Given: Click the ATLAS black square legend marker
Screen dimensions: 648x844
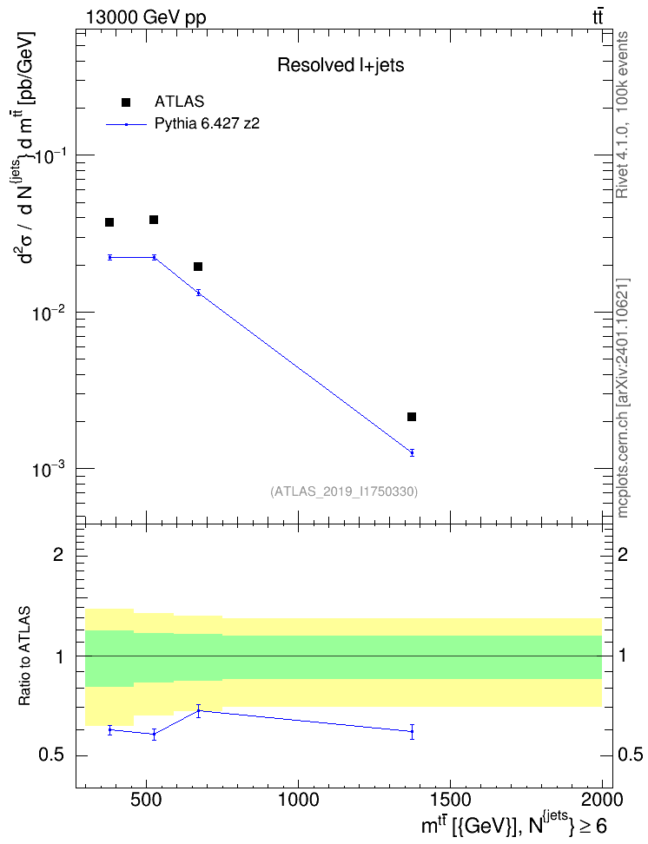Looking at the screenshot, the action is [126, 102].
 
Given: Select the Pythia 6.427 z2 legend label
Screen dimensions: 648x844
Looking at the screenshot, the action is [207, 124].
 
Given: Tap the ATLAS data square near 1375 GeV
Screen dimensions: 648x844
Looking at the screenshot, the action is [412, 417].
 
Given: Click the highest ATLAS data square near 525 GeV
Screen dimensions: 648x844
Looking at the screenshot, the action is [154, 220].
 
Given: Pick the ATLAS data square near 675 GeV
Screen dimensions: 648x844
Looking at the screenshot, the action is [198, 267].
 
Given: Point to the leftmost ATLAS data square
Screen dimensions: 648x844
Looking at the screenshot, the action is [109, 222].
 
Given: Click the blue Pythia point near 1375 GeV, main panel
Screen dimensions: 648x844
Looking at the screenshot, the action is [412, 452].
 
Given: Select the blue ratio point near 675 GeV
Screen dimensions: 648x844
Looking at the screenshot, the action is [199, 711].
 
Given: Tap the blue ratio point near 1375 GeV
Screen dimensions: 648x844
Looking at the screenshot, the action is [412, 731].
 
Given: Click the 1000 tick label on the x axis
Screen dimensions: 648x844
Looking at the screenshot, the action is [299, 800].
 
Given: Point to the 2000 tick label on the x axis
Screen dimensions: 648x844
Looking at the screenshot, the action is [601, 800].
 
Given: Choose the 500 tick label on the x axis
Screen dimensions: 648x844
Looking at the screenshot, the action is [147, 800].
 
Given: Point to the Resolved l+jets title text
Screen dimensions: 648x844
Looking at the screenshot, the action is [341, 65].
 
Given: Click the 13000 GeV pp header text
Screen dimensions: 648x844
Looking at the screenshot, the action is [146, 17].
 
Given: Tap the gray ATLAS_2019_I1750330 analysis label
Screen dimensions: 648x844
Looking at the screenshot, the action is [344, 491].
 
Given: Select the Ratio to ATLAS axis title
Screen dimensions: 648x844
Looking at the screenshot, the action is [24, 656].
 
